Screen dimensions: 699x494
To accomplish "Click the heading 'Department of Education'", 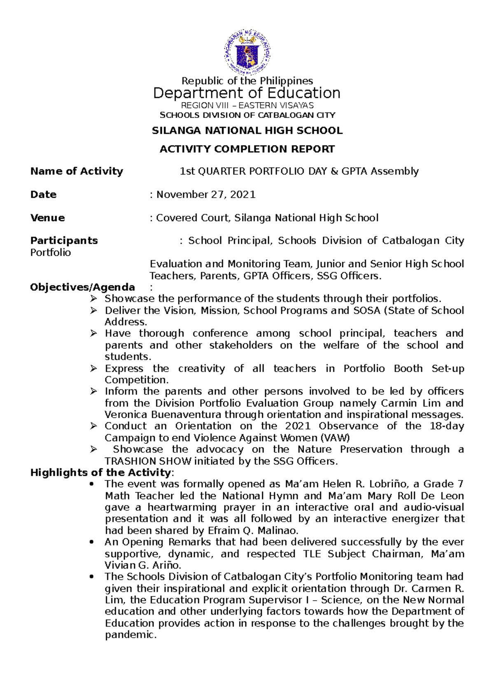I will [x=247, y=93].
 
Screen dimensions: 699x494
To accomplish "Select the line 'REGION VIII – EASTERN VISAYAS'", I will [x=247, y=105].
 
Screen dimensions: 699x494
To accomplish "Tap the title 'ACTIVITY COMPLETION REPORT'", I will [x=247, y=149].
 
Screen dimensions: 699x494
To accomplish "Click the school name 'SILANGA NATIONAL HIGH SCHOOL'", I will [x=247, y=131].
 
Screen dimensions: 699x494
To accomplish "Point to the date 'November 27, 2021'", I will [x=206, y=194].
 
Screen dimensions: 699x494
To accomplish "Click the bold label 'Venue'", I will [x=47, y=218].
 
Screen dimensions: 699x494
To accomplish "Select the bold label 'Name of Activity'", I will [x=77, y=171].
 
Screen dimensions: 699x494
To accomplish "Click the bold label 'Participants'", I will [x=64, y=240].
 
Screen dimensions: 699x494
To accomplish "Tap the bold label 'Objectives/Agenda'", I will [x=82, y=287].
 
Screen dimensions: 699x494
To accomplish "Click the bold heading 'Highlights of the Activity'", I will [x=100, y=472].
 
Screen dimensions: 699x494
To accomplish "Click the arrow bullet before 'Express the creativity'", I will [x=93, y=369].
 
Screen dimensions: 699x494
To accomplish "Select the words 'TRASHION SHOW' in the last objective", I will [x=148, y=461].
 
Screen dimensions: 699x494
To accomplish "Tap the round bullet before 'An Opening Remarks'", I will [x=91, y=542].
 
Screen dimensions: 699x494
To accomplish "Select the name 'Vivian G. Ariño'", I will [x=142, y=565].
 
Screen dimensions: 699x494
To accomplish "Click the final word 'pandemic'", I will [x=130, y=635].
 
